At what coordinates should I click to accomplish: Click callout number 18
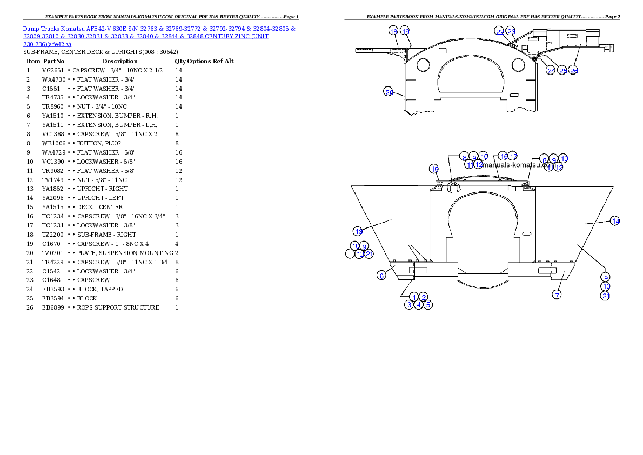(x=393, y=31)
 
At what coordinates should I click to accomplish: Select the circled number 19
(x=405, y=31)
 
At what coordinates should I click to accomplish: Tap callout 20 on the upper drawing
(x=389, y=92)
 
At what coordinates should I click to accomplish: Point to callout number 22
(x=500, y=32)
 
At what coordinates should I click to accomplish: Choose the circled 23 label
(x=511, y=32)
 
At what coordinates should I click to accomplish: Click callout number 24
(x=551, y=71)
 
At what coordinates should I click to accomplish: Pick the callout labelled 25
(x=562, y=71)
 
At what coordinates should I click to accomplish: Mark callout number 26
(x=574, y=71)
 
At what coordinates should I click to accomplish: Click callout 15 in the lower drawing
(x=434, y=169)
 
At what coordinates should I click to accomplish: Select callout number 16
(x=503, y=156)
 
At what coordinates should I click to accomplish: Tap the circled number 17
(x=513, y=156)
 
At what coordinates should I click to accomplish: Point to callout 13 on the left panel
(x=359, y=231)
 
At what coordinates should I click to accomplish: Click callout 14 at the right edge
(x=615, y=220)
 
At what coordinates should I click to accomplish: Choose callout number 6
(x=381, y=276)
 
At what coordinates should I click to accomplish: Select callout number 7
(x=557, y=295)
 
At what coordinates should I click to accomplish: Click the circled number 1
(x=414, y=297)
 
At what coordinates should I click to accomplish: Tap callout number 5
(x=428, y=305)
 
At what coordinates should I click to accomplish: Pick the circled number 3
(x=410, y=305)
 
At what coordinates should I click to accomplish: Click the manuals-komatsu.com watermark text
(x=519, y=165)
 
